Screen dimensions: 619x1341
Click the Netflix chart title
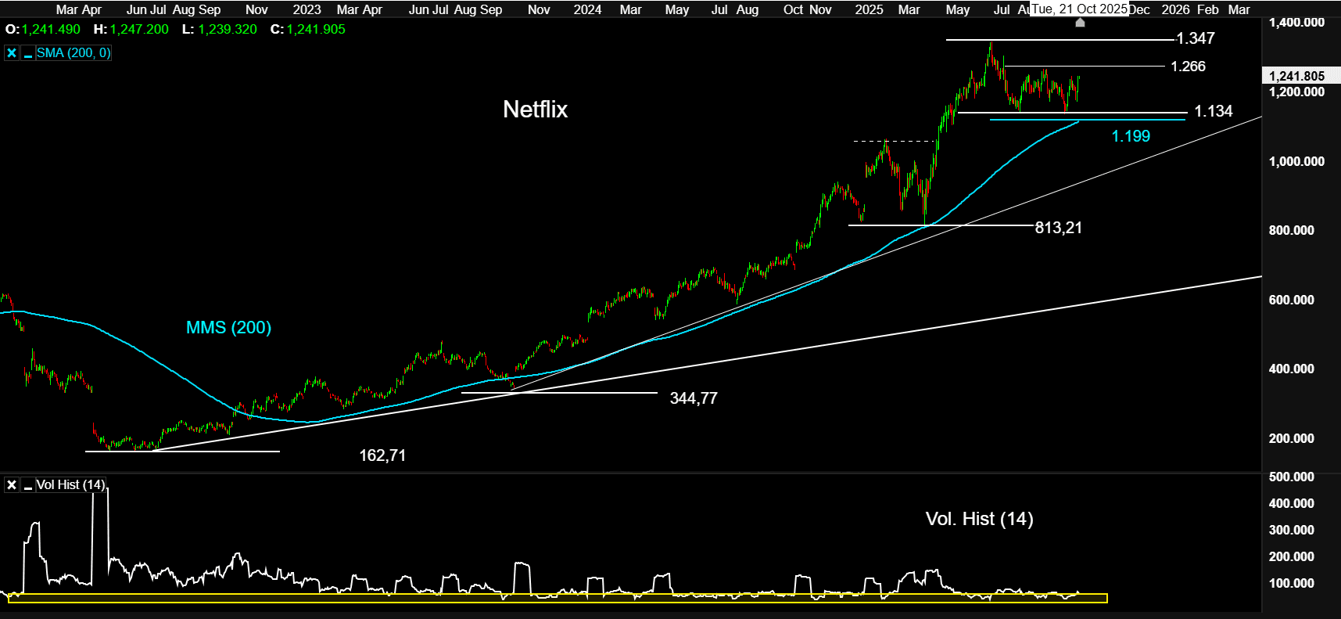(535, 110)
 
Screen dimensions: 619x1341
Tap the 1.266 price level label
(1188, 67)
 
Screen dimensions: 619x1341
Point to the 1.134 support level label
(1213, 111)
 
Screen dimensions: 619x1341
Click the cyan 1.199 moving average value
(1131, 136)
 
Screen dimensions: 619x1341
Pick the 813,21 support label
(1058, 228)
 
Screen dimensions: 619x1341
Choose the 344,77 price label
(694, 398)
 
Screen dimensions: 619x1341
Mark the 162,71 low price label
(382, 455)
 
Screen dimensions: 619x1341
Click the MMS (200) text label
(228, 328)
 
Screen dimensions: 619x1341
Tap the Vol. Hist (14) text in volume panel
(979, 519)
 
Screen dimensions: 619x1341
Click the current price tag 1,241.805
(1296, 76)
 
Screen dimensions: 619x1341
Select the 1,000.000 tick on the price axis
(1296, 161)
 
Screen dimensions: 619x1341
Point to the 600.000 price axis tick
(1291, 300)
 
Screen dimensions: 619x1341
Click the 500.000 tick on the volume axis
(1291, 477)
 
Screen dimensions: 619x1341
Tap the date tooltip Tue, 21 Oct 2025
(1079, 9)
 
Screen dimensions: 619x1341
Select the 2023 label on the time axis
(307, 9)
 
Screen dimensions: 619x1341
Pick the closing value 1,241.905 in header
(316, 29)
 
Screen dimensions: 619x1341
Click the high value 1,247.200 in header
(139, 29)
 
